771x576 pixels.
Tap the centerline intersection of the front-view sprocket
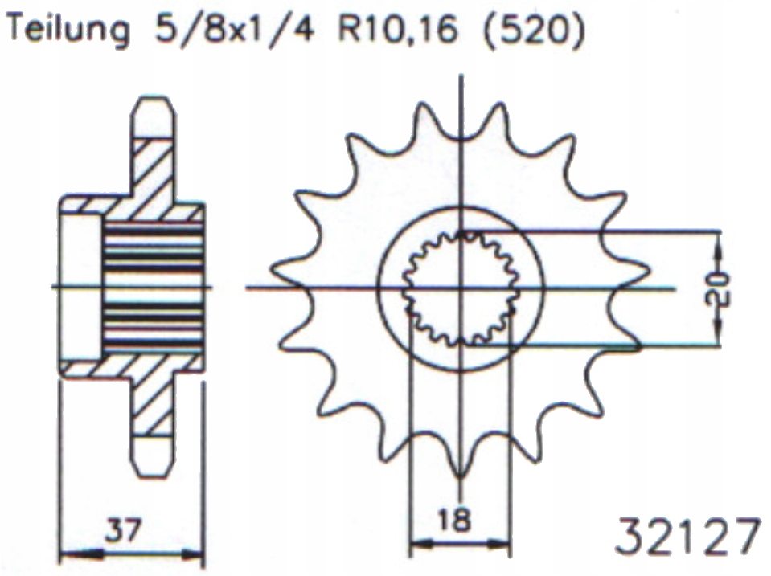[x=460, y=288]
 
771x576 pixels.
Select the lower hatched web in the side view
[x=153, y=402]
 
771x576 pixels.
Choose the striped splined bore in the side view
[x=153, y=287]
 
